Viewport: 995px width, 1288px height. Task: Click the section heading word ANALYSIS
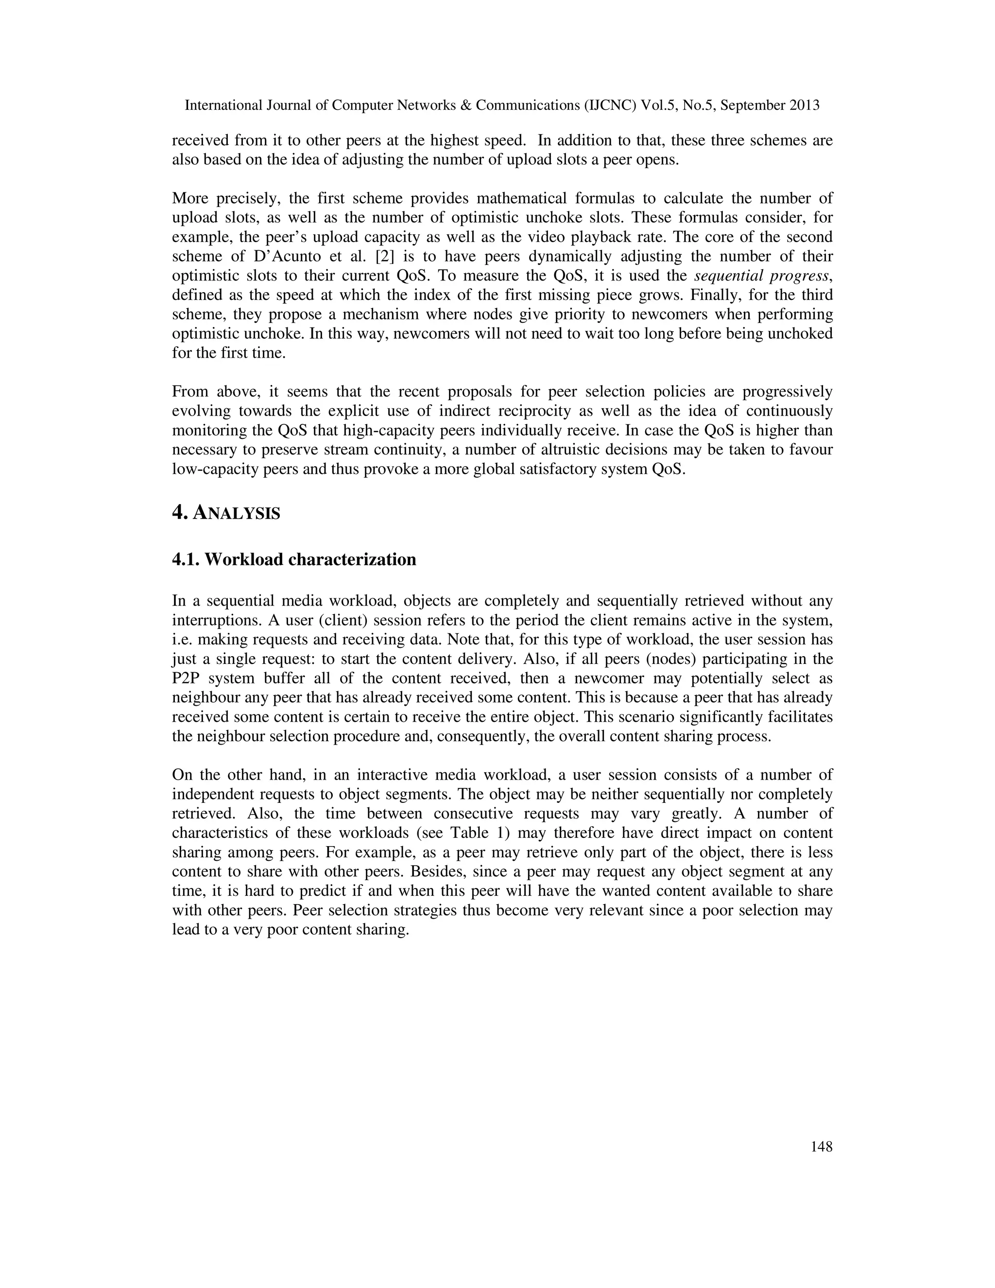(237, 513)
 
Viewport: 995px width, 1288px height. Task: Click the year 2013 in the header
(805, 105)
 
